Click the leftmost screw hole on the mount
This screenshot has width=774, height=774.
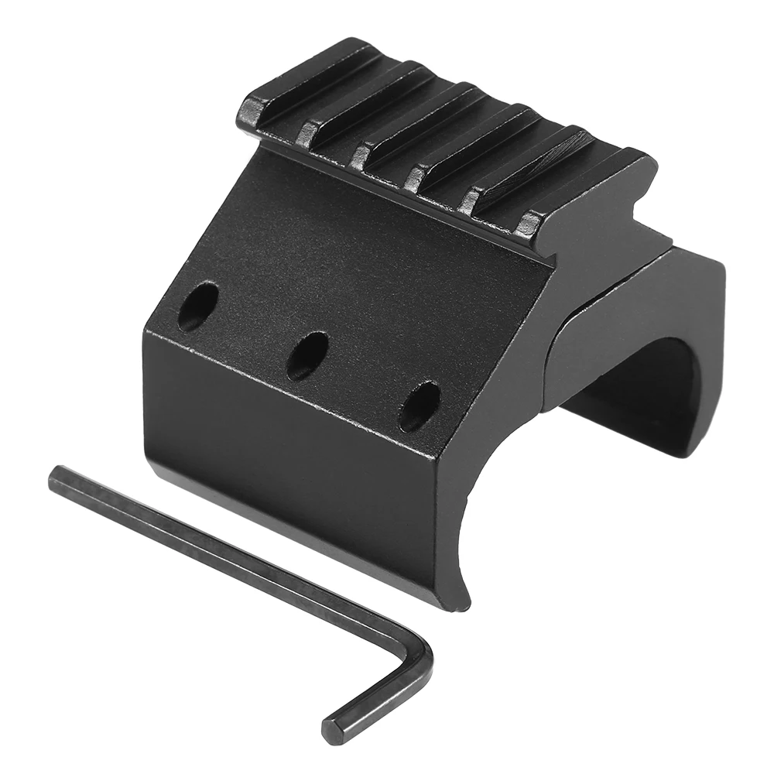pos(197,306)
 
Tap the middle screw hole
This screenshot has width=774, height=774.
pos(307,355)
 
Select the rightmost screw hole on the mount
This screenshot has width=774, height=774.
pos(420,406)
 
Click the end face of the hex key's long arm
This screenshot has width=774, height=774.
pos(56,481)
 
